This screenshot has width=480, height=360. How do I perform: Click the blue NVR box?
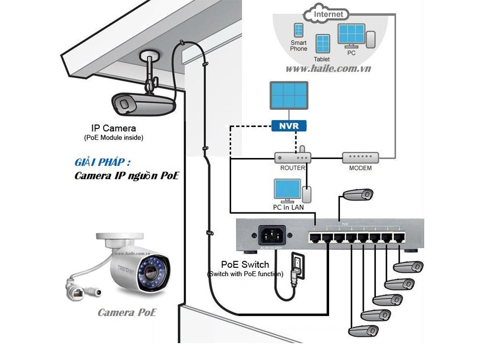289,126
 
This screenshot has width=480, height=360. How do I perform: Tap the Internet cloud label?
328,15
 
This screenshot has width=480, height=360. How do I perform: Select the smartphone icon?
299,30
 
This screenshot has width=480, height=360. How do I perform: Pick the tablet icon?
322,44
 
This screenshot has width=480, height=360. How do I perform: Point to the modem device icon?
360,157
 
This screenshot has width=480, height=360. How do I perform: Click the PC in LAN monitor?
287,189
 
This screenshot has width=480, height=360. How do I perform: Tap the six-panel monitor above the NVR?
289,95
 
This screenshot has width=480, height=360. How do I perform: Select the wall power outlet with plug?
298,266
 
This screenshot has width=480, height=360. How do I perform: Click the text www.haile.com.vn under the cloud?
328,68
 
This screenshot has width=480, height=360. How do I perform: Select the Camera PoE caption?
127,312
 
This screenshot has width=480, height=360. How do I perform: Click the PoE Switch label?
245,265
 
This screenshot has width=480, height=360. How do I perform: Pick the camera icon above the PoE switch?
359,194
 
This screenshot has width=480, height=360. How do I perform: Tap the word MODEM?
360,168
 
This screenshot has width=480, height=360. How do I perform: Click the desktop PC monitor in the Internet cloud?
351,34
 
